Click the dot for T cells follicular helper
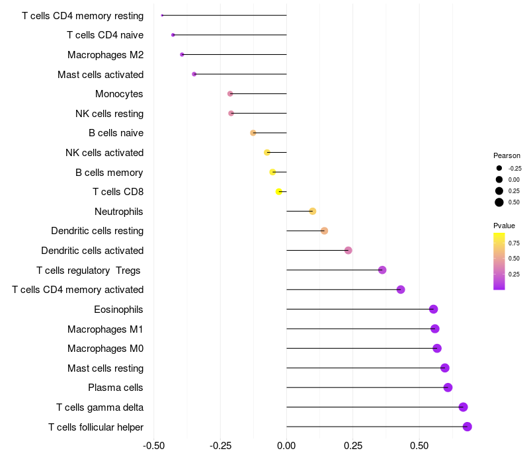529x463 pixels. [467, 427]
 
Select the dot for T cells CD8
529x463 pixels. [279, 192]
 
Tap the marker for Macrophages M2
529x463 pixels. [182, 54]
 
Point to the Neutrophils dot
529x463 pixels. [313, 211]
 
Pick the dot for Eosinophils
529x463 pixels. [433, 309]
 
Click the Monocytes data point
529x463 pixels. [230, 94]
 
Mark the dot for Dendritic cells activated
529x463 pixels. [348, 250]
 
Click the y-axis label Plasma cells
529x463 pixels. [116, 388]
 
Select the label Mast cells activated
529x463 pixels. [101, 74]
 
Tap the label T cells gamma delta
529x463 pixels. [100, 407]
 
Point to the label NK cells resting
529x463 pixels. [109, 114]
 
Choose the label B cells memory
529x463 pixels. [109, 173]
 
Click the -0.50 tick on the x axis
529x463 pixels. [153, 446]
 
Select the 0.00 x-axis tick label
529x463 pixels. [286, 446]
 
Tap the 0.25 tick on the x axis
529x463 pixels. [352, 446]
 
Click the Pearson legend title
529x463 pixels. [507, 155]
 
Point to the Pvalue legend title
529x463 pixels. [505, 226]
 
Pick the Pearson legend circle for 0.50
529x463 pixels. [499, 202]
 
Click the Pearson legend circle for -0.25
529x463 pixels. [499, 168]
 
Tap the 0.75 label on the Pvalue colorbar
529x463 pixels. [514, 243]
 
